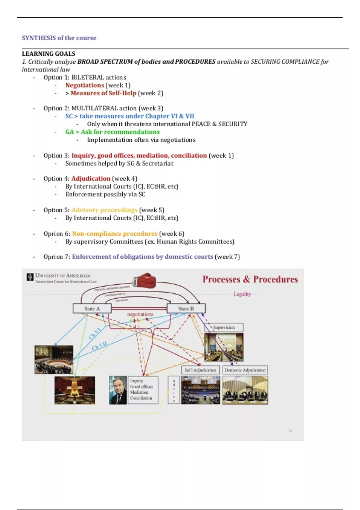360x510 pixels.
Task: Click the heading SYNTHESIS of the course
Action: tap(59, 38)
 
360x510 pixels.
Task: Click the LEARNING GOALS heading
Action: tap(49, 54)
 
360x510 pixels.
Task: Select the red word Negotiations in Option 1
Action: tap(85, 85)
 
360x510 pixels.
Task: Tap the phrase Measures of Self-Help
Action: tap(103, 93)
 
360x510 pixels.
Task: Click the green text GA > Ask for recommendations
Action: tap(112, 132)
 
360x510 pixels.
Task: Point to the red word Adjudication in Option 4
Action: tap(91, 178)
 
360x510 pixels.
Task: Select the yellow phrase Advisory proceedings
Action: tap(104, 210)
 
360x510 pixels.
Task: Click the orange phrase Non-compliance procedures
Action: tap(115, 233)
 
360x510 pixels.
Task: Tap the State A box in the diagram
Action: tap(92, 308)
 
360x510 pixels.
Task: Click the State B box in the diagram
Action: tap(186, 308)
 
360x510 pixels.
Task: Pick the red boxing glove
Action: tap(144, 280)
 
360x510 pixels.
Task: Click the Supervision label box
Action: tap(224, 327)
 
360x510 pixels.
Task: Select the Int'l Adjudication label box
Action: tap(200, 370)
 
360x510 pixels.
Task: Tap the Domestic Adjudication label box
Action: tap(245, 370)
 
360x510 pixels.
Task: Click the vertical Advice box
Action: tap(174, 390)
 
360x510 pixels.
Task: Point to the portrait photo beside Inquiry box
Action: tap(118, 390)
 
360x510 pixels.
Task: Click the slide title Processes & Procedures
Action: tap(250, 279)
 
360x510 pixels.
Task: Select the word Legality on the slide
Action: tap(242, 294)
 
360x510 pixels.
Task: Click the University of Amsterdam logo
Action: tap(30, 277)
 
